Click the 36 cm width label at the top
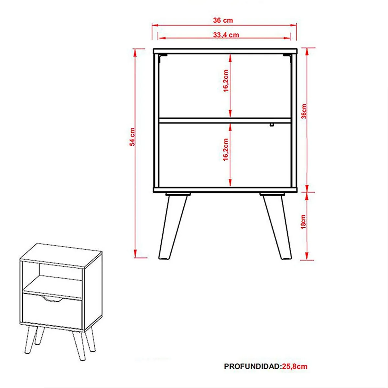click(x=223, y=20)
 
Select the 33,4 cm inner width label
click(x=226, y=35)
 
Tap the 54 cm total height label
click(x=132, y=137)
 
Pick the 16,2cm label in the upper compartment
click(x=226, y=81)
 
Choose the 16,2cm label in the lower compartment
click(x=226, y=149)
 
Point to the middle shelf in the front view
click(x=225, y=120)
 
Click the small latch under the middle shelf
click(x=272, y=125)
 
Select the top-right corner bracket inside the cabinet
click(x=287, y=58)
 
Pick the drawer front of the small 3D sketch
click(x=52, y=309)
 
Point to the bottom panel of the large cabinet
click(x=225, y=190)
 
